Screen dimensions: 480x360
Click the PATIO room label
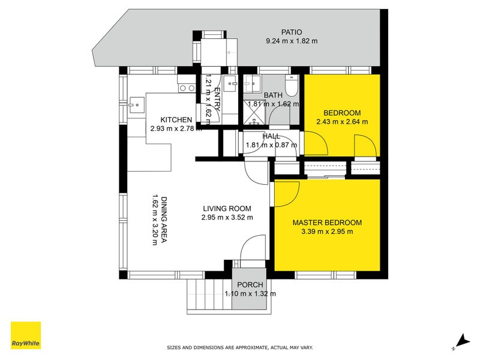(x=292, y=32)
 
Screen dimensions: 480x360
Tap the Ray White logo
(x=26, y=335)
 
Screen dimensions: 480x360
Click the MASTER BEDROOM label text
(x=327, y=223)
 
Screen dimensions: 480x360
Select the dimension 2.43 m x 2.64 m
(x=342, y=122)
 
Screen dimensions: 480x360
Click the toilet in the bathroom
(x=291, y=85)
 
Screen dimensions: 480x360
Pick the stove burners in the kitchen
(x=187, y=88)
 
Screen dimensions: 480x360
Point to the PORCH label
(x=250, y=284)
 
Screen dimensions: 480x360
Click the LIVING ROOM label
(x=227, y=208)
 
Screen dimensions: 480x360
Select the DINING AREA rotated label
(x=164, y=220)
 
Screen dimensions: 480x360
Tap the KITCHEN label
(x=176, y=119)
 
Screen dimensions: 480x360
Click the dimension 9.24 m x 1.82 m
(x=292, y=41)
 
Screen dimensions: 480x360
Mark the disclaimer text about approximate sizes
(x=239, y=347)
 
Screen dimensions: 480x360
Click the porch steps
(x=209, y=295)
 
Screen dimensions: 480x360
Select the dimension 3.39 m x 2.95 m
(x=327, y=232)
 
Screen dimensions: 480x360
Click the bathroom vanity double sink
(x=253, y=83)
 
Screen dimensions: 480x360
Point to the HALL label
(x=271, y=136)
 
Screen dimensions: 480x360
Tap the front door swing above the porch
(x=252, y=247)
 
